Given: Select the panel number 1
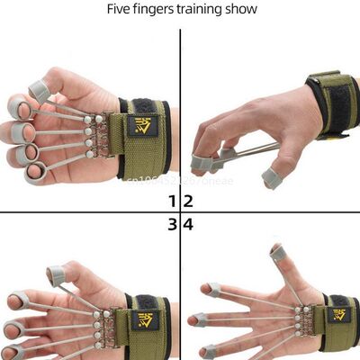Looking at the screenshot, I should (171, 202).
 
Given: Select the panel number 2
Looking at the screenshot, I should (188, 202).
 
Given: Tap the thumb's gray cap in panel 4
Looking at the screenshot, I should (280, 256).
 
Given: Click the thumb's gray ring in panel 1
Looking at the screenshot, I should (39, 90).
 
